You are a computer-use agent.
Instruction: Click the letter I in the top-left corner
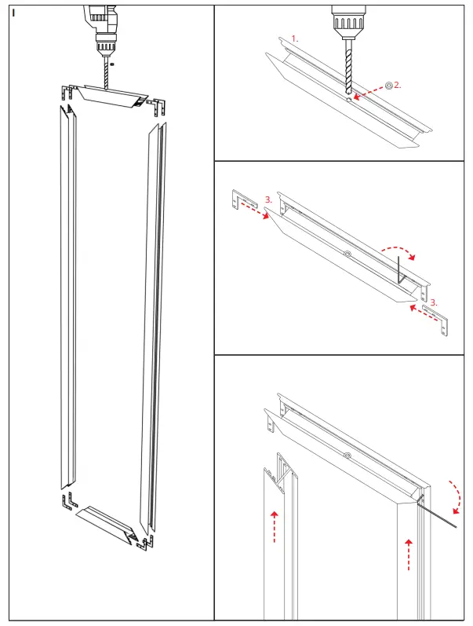(x=14, y=13)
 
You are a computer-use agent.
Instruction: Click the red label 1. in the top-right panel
(x=295, y=38)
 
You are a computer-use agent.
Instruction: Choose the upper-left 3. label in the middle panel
(x=268, y=200)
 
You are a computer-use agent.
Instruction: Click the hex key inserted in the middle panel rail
(x=400, y=269)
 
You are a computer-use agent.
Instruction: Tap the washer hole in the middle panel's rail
(x=346, y=254)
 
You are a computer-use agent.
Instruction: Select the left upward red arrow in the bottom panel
(x=274, y=526)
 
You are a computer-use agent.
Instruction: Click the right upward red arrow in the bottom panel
(x=409, y=555)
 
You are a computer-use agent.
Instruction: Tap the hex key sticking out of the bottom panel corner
(x=439, y=515)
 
